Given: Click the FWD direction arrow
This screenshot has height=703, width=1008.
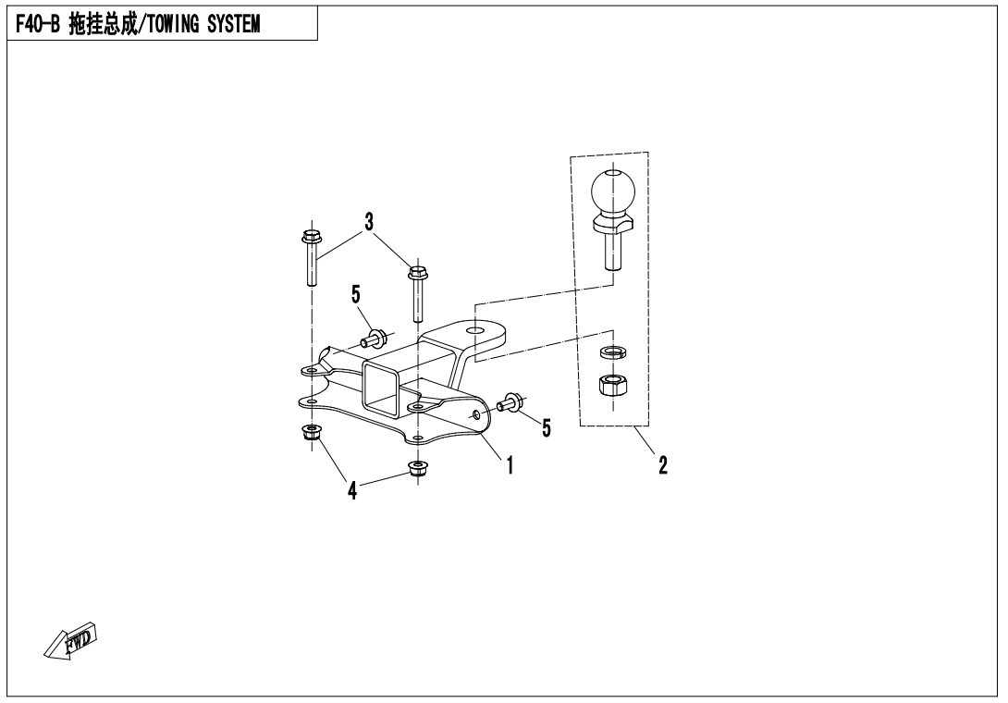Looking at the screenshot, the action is click(x=70, y=641).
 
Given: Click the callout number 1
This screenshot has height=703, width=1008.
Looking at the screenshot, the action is click(x=510, y=464).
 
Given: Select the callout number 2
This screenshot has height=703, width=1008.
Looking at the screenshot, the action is click(x=663, y=464).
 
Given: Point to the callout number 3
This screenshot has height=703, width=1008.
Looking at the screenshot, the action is click(x=369, y=222).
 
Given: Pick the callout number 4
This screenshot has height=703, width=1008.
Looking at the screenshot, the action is click(x=352, y=491).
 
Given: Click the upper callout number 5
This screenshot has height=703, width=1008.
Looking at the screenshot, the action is click(x=355, y=294).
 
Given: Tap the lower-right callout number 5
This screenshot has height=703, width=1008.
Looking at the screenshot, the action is click(x=547, y=427).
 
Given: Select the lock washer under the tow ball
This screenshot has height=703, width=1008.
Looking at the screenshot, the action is click(x=614, y=351).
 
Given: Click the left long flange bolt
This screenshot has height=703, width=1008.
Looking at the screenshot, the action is click(x=311, y=256).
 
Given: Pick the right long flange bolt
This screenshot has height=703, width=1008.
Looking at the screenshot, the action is click(x=418, y=293).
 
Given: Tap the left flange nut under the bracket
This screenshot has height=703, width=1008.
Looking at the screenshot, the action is click(x=313, y=434).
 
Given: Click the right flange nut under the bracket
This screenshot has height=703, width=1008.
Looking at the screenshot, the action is click(x=419, y=469).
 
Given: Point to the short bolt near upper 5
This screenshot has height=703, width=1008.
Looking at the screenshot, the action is click(x=374, y=337).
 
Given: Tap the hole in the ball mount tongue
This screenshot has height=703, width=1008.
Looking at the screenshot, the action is click(x=475, y=329).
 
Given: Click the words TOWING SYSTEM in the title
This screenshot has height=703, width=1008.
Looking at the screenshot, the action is click(x=204, y=24).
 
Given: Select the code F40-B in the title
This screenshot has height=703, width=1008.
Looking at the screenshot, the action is click(x=38, y=24).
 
